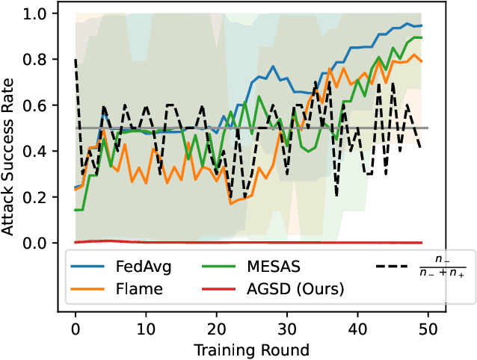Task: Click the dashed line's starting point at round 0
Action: coord(76,60)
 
